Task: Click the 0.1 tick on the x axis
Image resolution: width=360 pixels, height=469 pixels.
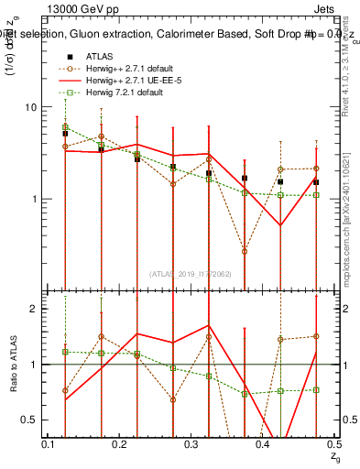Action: click(x=51, y=443)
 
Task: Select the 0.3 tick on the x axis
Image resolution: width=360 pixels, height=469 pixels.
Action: click(x=191, y=443)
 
